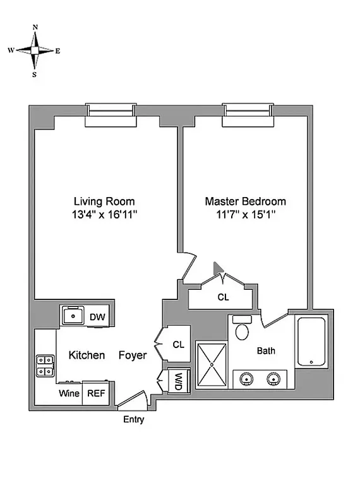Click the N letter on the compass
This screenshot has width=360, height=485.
point(35,27)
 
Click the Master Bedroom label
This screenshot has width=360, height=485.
point(245,201)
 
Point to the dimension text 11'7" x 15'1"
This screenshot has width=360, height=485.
point(245,215)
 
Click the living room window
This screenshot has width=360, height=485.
point(111,111)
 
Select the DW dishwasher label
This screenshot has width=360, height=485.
point(97,317)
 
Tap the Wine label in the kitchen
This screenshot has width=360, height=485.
point(69,393)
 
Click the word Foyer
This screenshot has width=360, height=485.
point(133,356)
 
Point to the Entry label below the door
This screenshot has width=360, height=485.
point(133,419)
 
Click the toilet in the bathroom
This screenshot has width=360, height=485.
point(241,329)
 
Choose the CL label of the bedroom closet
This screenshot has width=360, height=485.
point(224,297)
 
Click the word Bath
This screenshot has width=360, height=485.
point(265,351)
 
